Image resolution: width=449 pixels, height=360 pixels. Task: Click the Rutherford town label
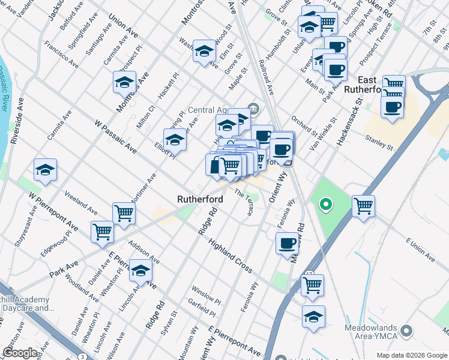[x=200, y=199]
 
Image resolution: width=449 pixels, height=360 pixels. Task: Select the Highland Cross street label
[x=230, y=256]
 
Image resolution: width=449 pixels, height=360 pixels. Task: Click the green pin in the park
[x=325, y=206]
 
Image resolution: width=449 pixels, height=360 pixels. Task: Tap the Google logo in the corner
[x=20, y=353]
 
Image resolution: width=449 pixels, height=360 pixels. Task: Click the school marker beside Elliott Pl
[x=175, y=140]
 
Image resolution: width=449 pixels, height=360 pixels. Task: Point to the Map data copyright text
[x=411, y=355]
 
